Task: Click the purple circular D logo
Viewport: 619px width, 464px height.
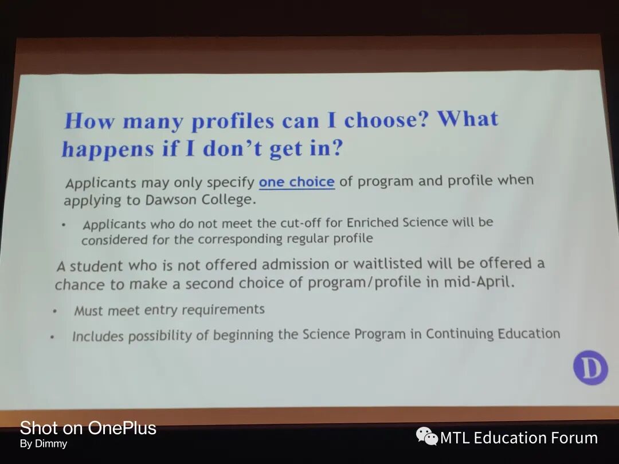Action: click(590, 368)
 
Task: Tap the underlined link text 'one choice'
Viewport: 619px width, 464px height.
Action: click(297, 182)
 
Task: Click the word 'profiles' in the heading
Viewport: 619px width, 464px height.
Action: click(233, 121)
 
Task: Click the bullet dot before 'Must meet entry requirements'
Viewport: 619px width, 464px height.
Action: click(55, 312)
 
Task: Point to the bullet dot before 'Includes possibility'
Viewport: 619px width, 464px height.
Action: click(52, 337)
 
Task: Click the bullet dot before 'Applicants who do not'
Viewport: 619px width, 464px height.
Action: click(63, 226)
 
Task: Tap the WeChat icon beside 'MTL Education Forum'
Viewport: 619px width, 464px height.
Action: click(427, 436)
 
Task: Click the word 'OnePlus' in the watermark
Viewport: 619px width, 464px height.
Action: click(122, 428)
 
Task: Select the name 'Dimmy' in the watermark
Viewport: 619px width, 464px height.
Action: click(51, 443)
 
